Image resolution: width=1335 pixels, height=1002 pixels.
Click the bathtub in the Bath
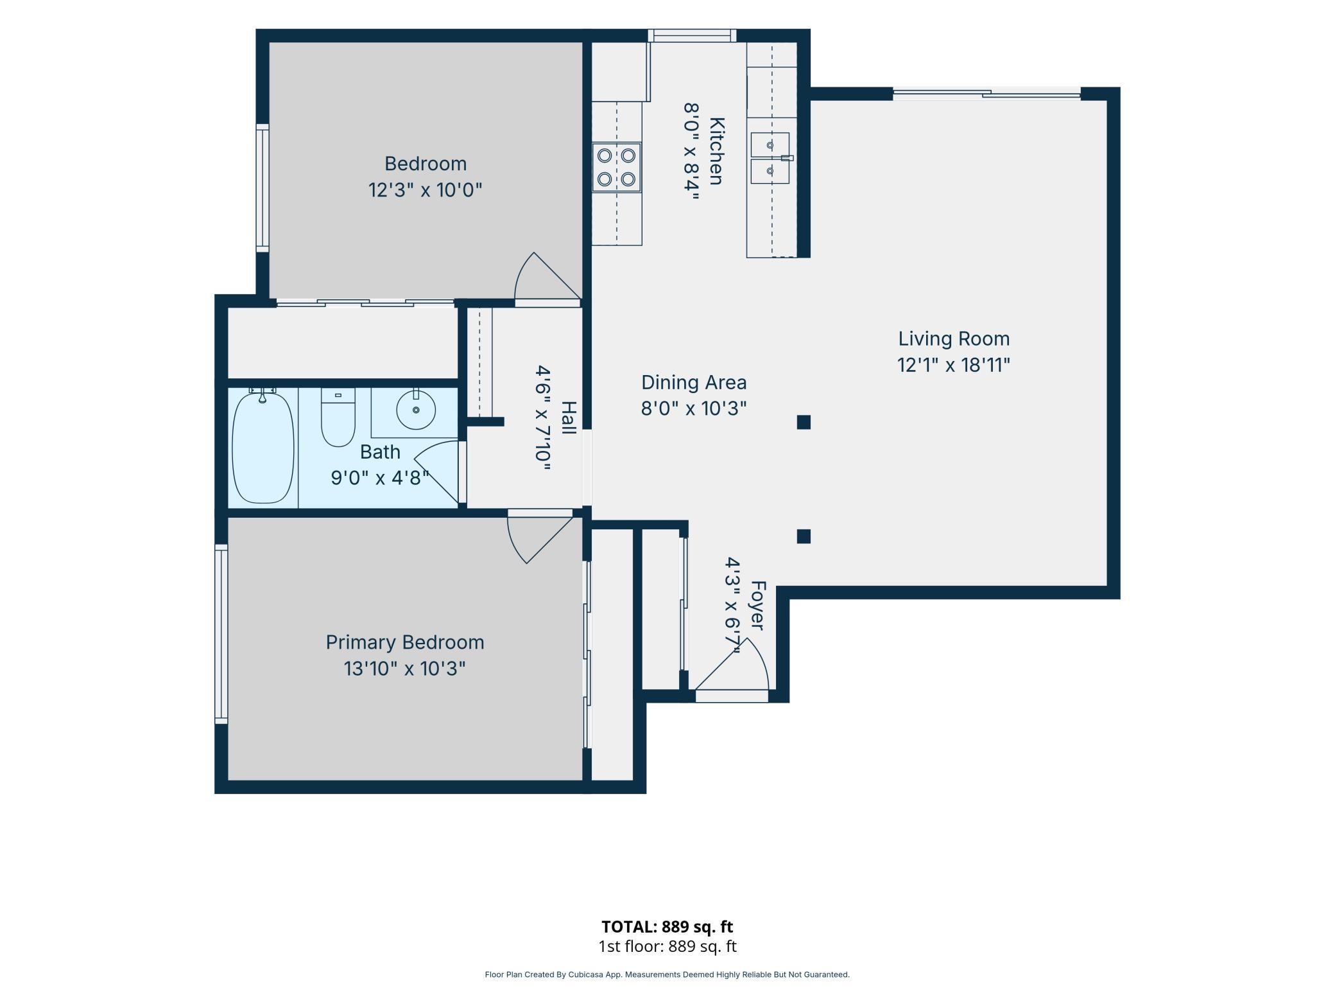[x=263, y=448]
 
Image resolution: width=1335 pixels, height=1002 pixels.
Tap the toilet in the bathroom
[x=338, y=417]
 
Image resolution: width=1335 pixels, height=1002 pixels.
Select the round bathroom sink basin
[x=416, y=409]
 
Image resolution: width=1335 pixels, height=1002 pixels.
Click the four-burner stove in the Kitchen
[x=617, y=167]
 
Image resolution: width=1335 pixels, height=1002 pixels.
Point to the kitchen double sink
[x=770, y=158]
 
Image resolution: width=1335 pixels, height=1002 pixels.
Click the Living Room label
[x=954, y=338]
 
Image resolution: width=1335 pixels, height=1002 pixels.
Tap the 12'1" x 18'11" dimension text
[x=954, y=365]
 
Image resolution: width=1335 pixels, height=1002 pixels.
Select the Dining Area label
[x=694, y=382]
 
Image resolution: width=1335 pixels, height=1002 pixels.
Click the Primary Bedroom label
[x=405, y=642]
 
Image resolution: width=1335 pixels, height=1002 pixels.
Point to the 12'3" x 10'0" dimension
[x=425, y=190]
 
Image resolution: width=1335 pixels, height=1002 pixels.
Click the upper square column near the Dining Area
[x=804, y=422]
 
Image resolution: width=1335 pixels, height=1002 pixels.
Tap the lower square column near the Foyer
[x=804, y=536]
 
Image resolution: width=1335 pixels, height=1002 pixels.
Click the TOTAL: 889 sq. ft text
[x=667, y=927]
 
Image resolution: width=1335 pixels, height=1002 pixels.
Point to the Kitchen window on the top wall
[x=692, y=35]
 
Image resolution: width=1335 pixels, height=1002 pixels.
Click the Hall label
[x=569, y=418]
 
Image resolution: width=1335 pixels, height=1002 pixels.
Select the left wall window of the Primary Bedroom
[x=221, y=635]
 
